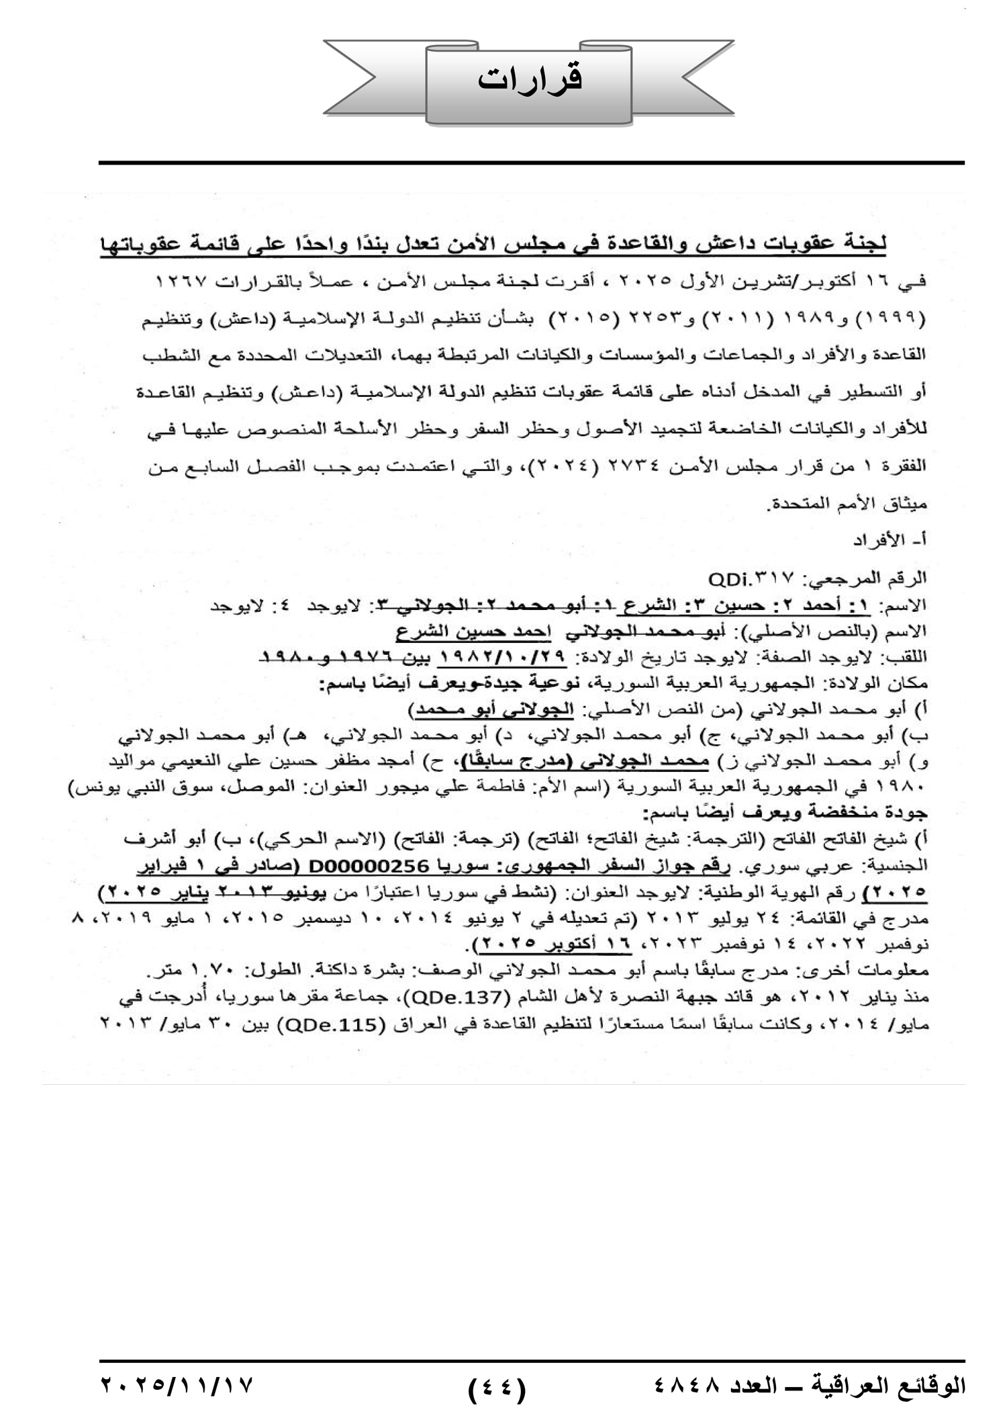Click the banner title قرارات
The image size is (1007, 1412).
(x=530, y=79)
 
